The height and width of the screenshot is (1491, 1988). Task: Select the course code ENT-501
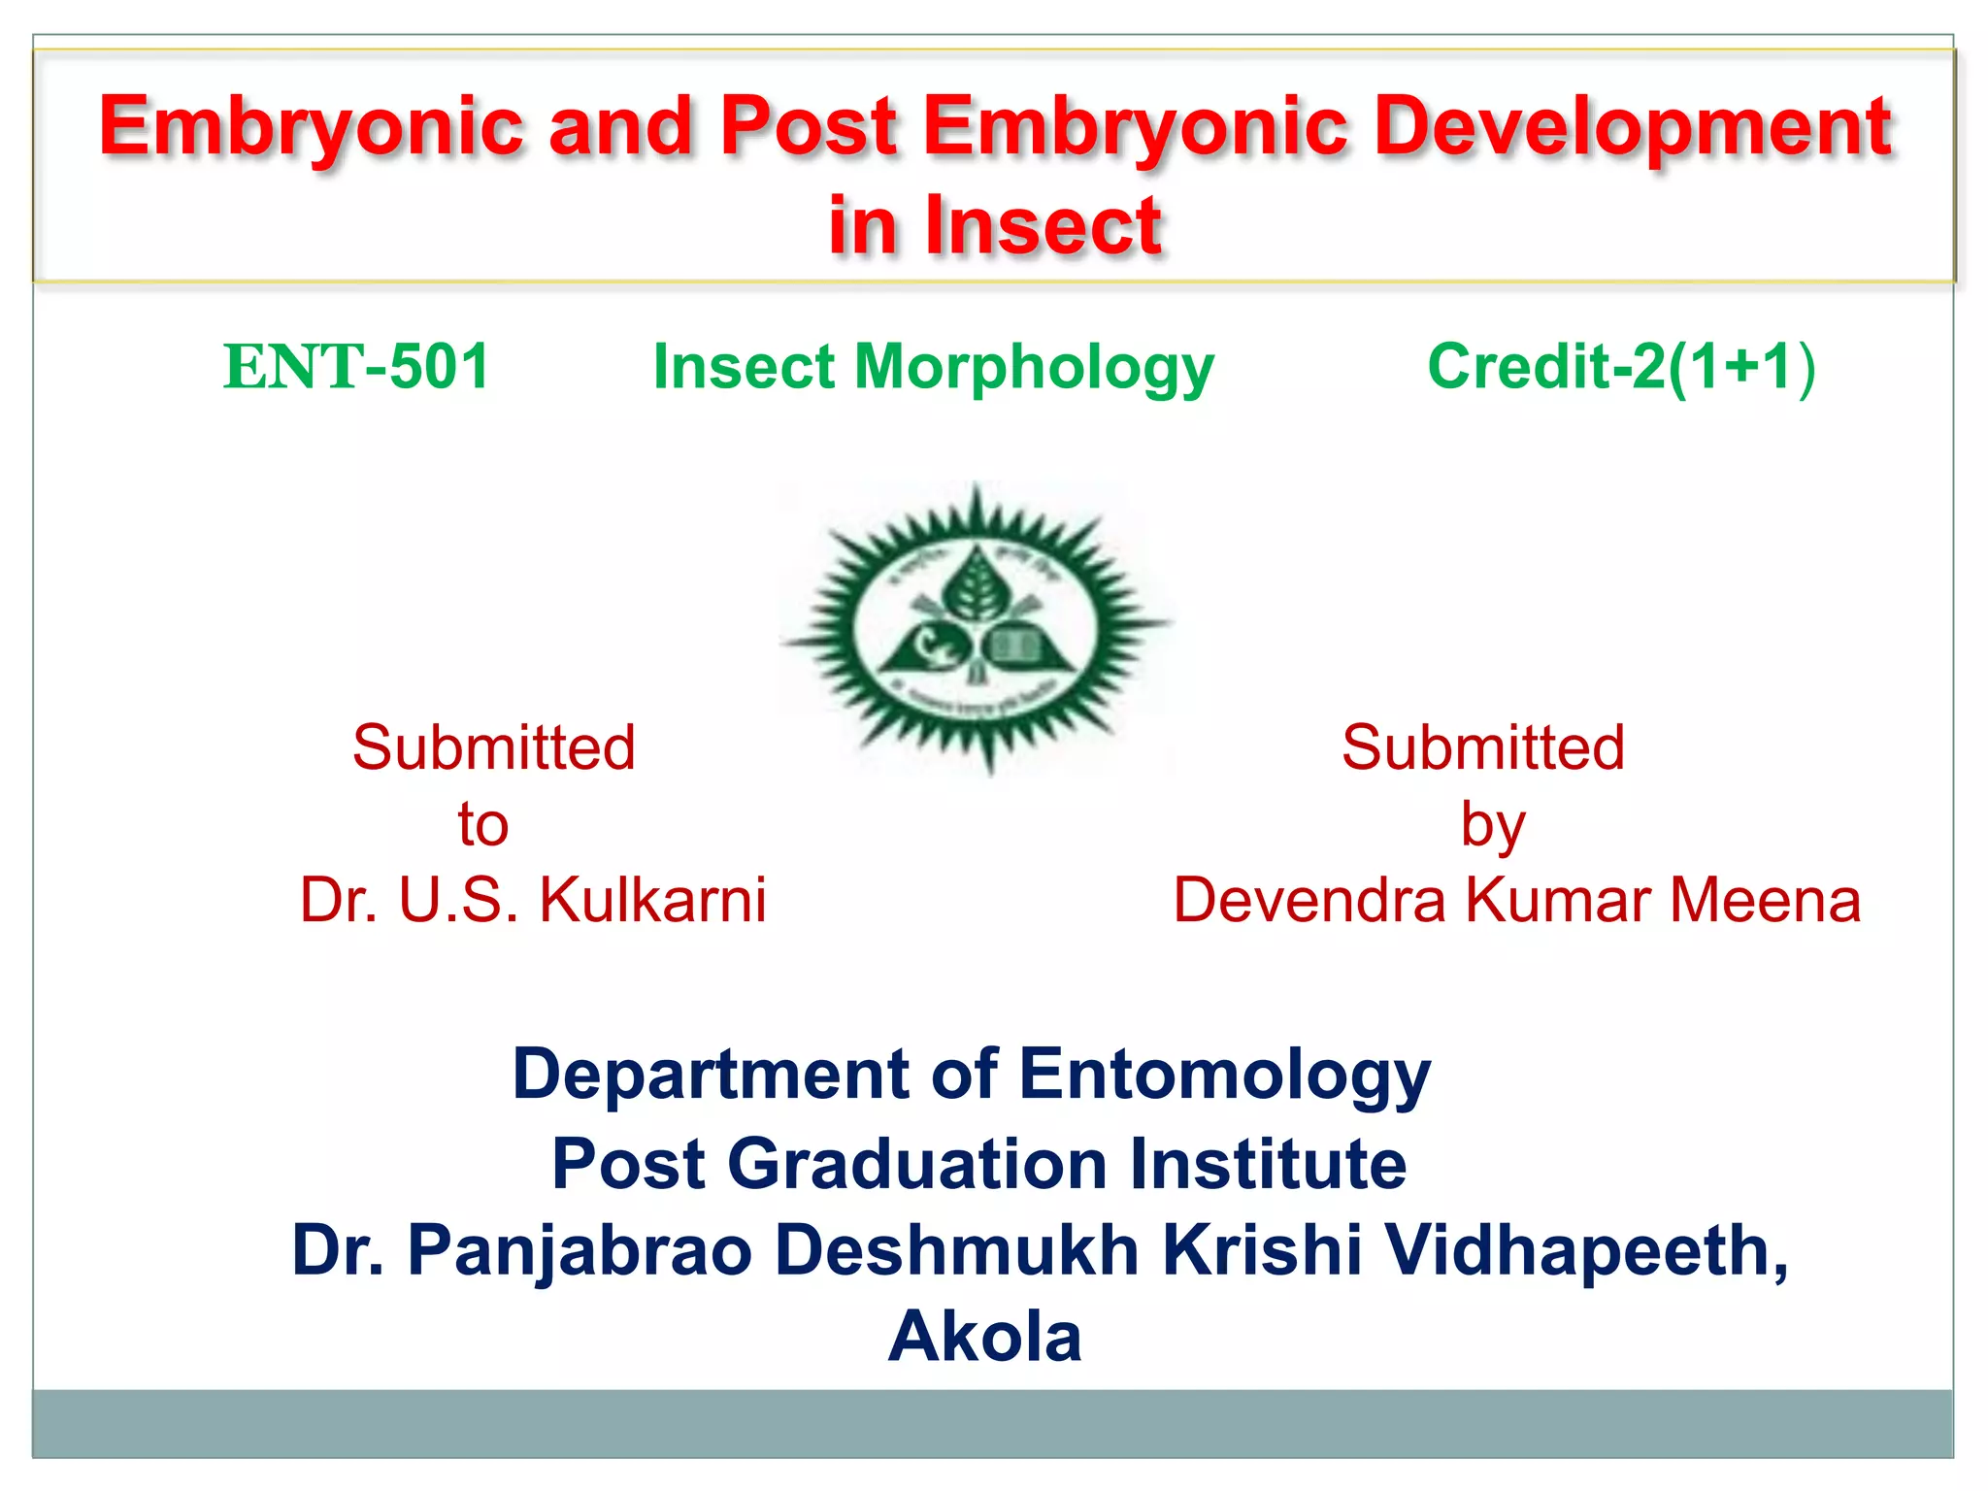click(x=356, y=367)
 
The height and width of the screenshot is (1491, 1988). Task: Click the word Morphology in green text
click(x=1033, y=369)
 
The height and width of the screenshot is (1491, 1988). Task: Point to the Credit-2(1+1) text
click(x=1620, y=367)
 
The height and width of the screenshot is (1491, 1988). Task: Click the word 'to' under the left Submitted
click(x=483, y=825)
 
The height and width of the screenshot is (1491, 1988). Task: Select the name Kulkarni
click(x=652, y=900)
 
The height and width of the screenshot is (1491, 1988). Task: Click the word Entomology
click(x=1224, y=1075)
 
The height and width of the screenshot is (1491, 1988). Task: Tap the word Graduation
click(x=917, y=1164)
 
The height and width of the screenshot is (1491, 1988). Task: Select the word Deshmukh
click(x=957, y=1250)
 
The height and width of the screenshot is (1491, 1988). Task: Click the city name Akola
click(x=984, y=1338)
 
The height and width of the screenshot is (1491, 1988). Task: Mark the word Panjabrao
click(x=580, y=1252)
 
